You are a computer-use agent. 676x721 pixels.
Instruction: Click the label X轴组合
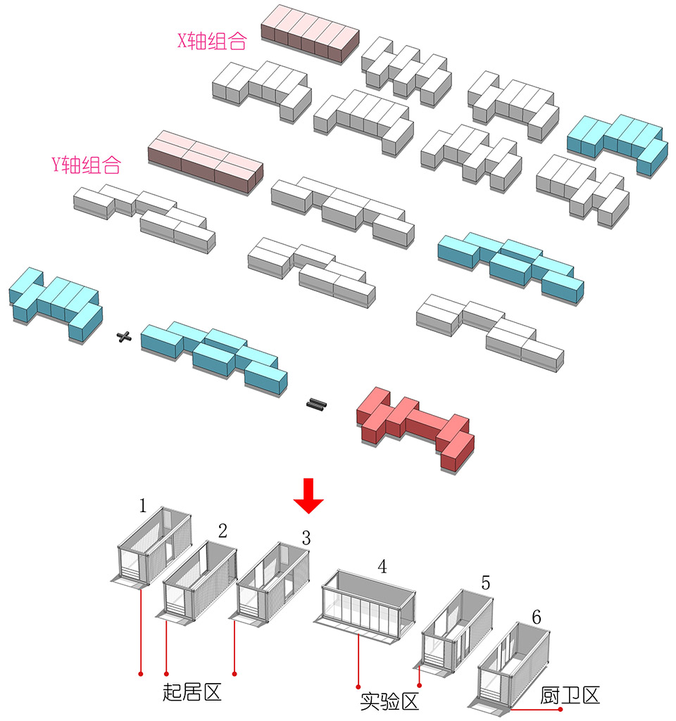coord(212,42)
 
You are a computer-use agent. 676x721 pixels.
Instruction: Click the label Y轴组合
coord(86,165)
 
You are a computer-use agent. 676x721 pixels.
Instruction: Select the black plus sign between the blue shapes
coord(125,338)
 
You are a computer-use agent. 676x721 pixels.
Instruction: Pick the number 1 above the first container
coord(143,505)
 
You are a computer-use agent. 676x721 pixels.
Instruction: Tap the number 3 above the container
coord(306,539)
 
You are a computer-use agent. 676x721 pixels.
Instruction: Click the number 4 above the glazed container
coord(382,566)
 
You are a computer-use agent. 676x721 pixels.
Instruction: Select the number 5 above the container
coord(486,583)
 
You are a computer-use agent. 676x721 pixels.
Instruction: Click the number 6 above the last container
coord(537,618)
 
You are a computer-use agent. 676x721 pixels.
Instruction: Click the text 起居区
coord(192,692)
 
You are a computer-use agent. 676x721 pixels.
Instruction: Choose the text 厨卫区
coord(570,696)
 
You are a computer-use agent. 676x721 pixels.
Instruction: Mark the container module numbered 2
coord(201,580)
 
